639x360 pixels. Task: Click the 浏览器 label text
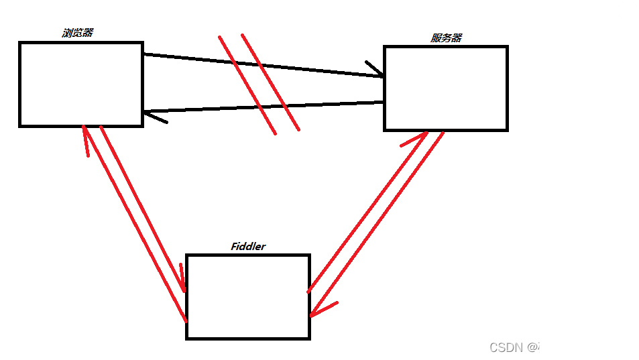coord(77,32)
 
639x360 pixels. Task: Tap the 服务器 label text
coord(446,38)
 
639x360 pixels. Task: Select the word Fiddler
coord(248,246)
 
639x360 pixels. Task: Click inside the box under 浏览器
coord(80,84)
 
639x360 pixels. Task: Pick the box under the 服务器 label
coord(445,88)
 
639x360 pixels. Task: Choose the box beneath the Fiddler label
coord(247,296)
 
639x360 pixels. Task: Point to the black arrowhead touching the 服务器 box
coord(375,69)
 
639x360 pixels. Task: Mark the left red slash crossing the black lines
coord(247,84)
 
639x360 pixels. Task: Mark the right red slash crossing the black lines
coord(270,82)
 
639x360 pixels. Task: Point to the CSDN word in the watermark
coord(506,347)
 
